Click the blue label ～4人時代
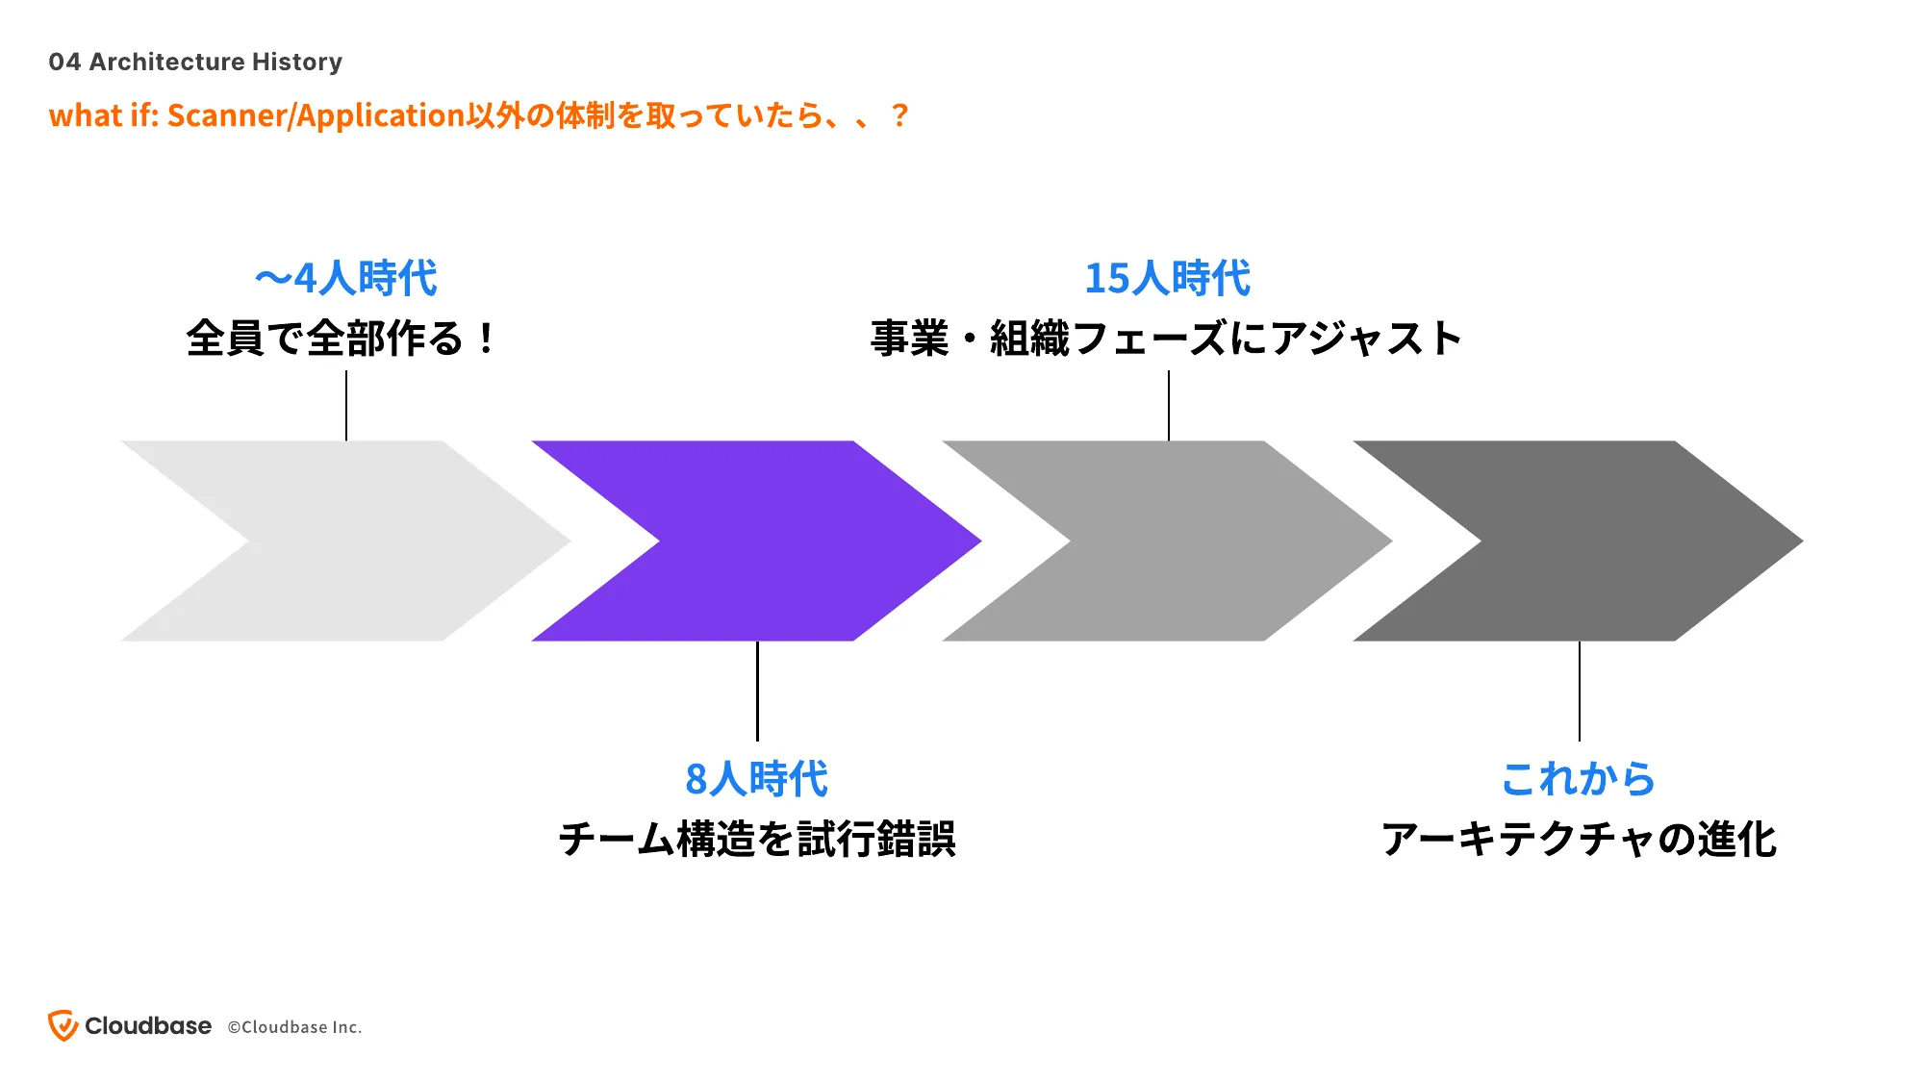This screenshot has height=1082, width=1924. [x=346, y=279]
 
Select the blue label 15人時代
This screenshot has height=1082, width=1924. [x=1168, y=279]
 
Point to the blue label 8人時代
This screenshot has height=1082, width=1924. [x=756, y=779]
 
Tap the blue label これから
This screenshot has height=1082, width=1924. [x=1578, y=779]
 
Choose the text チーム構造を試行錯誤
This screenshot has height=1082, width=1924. [x=757, y=839]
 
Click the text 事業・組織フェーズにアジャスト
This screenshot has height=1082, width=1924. [x=1166, y=339]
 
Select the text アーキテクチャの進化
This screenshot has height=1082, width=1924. [x=1579, y=839]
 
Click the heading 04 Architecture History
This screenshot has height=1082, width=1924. [x=195, y=62]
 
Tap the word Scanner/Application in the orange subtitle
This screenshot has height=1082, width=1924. [x=316, y=115]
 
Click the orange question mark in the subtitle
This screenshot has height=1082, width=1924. [x=899, y=115]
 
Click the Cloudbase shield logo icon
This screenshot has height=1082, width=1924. [x=63, y=1026]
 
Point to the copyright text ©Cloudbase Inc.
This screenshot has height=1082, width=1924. [x=294, y=1027]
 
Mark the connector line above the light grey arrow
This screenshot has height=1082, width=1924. [x=346, y=406]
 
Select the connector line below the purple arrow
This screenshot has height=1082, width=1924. [x=757, y=691]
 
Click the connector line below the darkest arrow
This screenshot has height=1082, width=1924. [x=1580, y=691]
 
